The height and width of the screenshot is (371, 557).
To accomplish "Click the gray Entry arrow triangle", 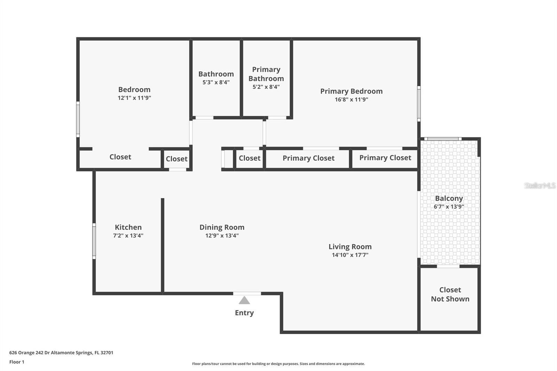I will [x=244, y=300].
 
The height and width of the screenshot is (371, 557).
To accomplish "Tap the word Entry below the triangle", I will [x=244, y=313].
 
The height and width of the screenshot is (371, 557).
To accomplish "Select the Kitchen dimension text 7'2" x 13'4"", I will [x=128, y=236].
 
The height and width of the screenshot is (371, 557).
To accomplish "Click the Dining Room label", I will [x=222, y=227].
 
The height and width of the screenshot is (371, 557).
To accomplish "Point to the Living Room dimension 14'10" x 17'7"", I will [x=350, y=255].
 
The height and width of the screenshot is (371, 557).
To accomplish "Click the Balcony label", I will [x=449, y=198].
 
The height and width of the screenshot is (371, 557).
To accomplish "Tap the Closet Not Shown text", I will [x=450, y=294].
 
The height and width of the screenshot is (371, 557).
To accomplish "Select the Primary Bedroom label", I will [x=351, y=91].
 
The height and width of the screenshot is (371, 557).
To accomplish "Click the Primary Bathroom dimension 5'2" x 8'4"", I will [x=266, y=87].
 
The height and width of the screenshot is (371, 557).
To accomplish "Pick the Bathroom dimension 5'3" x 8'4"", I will [x=216, y=82].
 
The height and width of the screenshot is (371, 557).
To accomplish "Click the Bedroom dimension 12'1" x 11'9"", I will [x=134, y=98].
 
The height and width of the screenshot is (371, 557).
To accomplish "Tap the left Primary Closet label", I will [x=308, y=158].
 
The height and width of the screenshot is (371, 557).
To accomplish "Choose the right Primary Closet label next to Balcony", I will [x=385, y=158].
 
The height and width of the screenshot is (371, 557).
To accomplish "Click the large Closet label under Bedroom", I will [x=120, y=157].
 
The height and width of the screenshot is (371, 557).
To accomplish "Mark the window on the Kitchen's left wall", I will [x=94, y=241].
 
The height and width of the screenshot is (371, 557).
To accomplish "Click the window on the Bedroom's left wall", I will [x=78, y=119].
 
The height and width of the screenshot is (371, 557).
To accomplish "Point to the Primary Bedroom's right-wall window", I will [x=419, y=104].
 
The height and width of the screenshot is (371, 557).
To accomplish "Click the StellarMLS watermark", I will [x=540, y=185].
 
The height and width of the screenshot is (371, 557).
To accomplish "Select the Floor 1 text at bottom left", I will [x=17, y=362].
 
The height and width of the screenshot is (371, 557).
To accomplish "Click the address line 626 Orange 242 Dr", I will [x=61, y=353].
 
